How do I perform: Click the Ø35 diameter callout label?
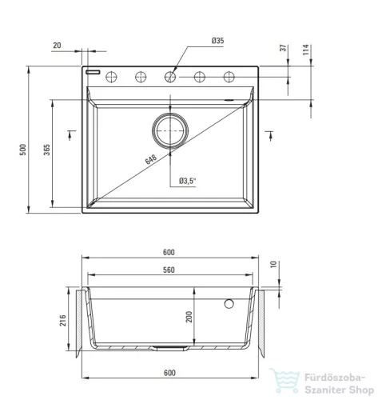point(217,41)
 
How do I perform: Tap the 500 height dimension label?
point(23,150)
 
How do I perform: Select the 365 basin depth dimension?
point(46,150)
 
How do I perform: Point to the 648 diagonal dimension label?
point(151,159)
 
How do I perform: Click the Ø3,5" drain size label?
point(187,181)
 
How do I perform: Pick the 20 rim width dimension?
point(57,46)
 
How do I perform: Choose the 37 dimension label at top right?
point(284,48)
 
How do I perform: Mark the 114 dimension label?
point(306,50)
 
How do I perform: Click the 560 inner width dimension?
point(169,270)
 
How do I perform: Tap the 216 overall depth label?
point(62,320)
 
